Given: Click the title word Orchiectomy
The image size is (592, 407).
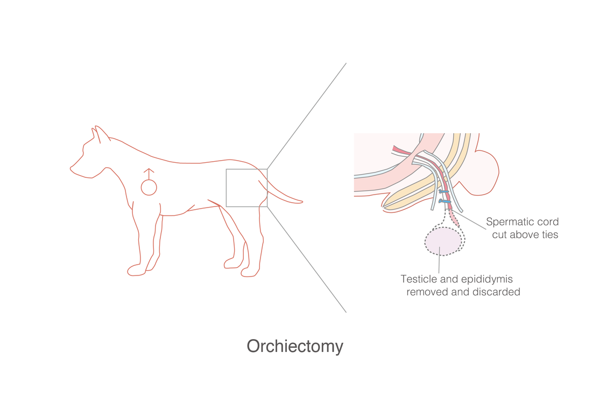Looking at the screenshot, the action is (295, 347).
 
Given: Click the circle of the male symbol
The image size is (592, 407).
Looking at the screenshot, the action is (149, 187).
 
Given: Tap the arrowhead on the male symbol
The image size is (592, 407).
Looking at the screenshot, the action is (149, 170).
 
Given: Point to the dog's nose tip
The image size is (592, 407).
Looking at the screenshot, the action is (71, 168).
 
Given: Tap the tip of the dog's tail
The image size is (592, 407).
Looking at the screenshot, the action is (301, 202).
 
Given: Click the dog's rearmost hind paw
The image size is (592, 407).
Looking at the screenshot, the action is (250, 272).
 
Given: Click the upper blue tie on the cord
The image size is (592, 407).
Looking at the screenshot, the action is (444, 192).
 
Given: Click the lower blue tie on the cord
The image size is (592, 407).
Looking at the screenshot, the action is (445, 202).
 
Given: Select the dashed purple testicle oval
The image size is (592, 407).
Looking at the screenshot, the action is (443, 242).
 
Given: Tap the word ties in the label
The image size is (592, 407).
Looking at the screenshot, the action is (549, 234).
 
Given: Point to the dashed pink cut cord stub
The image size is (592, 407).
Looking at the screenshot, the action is (455, 219).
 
